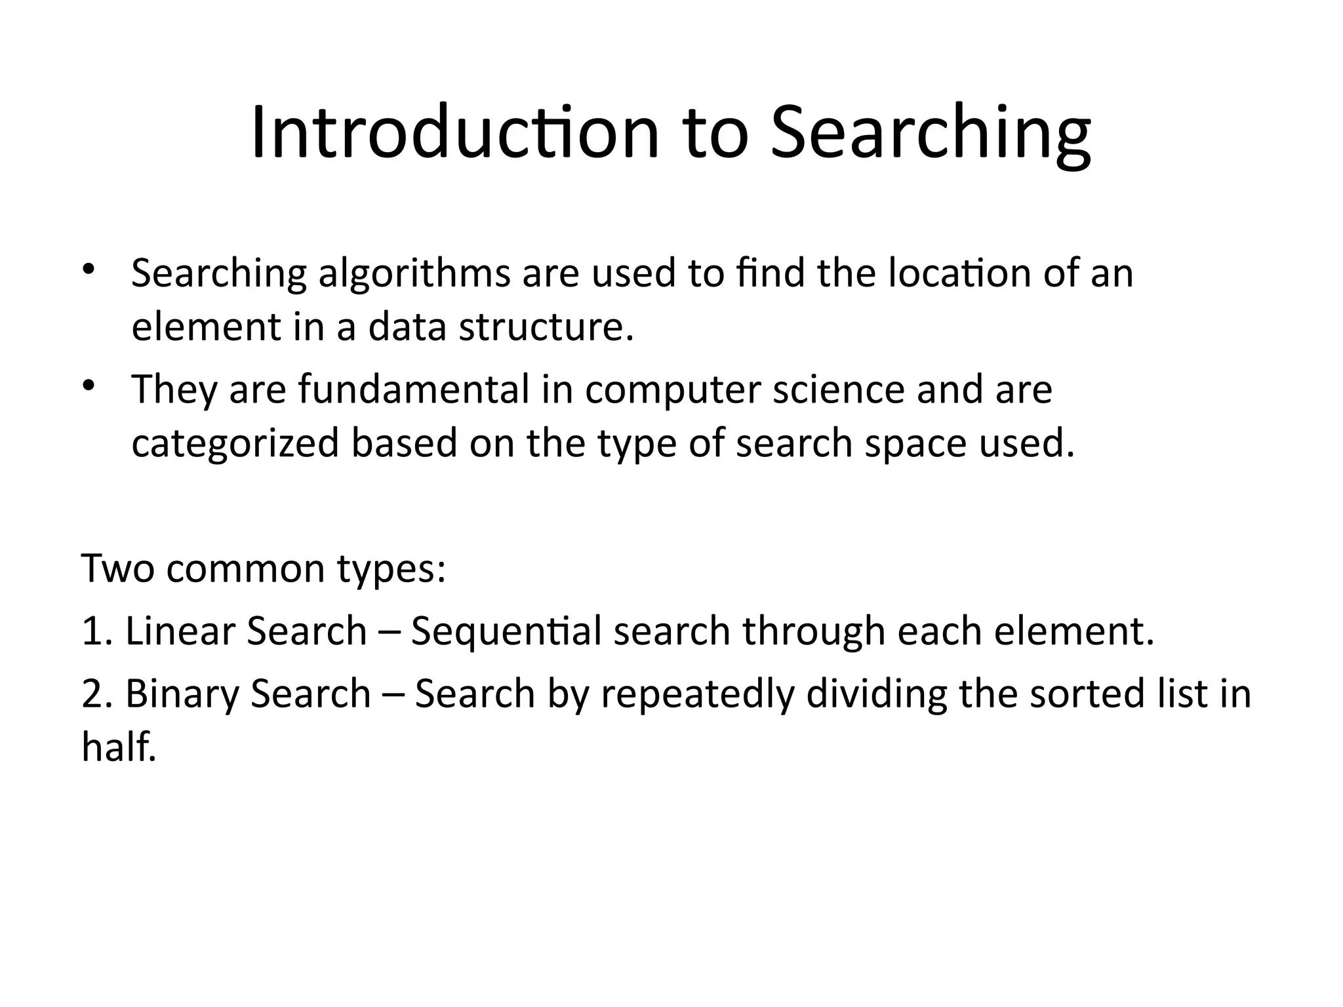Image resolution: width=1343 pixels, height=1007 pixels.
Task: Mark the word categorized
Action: [x=235, y=444]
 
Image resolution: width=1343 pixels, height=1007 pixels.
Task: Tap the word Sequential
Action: [x=506, y=632]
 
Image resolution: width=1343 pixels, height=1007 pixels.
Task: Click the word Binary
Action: [x=182, y=694]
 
